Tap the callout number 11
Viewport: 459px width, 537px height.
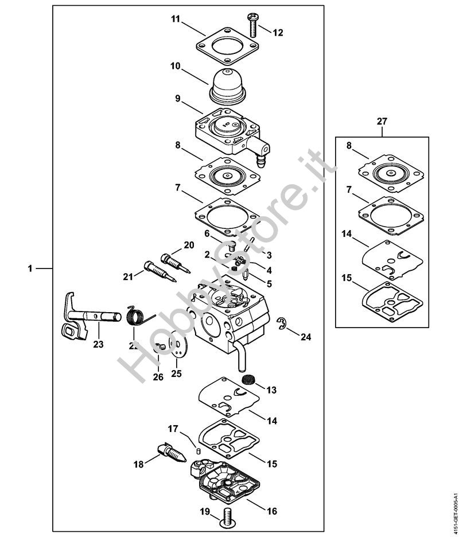(176, 20)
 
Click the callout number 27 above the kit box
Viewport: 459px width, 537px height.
(382, 122)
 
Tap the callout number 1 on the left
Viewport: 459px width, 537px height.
(30, 268)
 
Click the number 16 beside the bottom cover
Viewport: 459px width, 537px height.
(272, 509)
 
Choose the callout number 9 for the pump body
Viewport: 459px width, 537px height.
(178, 99)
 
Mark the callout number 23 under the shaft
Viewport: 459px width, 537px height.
(99, 344)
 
